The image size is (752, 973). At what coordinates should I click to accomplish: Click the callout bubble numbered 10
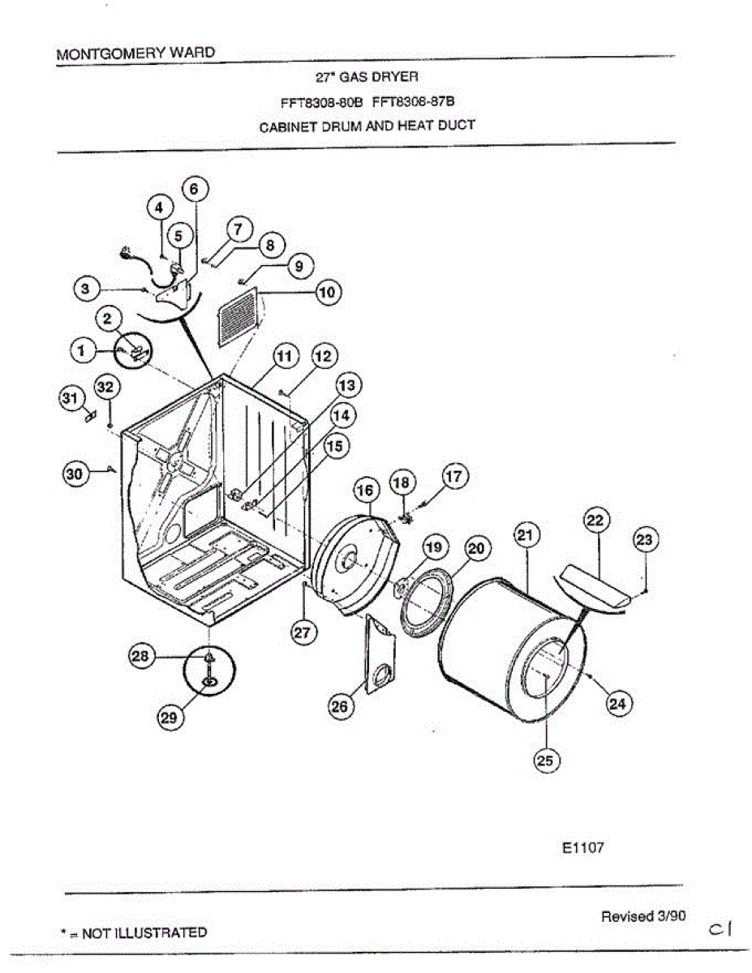coord(328,293)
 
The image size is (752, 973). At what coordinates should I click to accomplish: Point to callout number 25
coord(546,760)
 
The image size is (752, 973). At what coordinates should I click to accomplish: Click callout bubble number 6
coord(195,190)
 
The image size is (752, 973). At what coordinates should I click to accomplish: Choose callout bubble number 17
coord(454,478)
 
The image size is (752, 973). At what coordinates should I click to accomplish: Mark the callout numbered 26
coord(340,706)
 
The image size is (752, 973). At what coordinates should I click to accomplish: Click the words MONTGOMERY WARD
coord(135,53)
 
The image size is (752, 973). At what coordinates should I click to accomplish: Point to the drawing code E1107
coord(582,848)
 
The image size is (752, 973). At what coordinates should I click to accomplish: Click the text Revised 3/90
coord(642,916)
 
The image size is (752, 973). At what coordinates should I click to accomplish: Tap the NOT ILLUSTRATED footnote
coord(134,932)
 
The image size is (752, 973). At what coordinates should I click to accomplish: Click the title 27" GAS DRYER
coord(366,78)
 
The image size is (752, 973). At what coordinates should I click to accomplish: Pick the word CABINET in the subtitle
coord(286,126)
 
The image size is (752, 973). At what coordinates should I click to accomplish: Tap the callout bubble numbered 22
coord(596,521)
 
